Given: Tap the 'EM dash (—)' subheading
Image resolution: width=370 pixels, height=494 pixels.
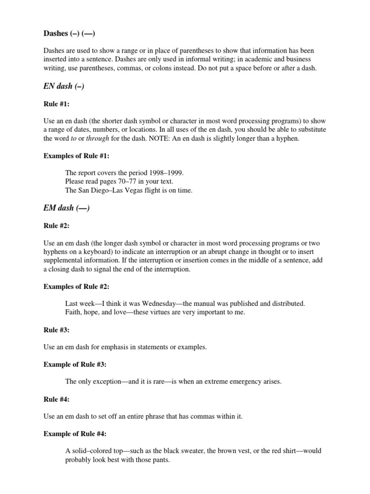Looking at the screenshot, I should point(66,208).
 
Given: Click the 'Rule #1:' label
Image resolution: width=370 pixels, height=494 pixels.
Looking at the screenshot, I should point(56,103).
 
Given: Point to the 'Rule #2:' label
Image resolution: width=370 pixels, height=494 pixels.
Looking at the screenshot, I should point(56,225).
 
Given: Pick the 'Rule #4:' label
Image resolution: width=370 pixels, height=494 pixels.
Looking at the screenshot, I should point(56,399).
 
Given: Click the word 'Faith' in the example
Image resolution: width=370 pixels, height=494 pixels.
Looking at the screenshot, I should point(73,312).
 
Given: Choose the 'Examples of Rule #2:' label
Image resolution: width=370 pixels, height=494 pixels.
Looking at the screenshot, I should point(77,286).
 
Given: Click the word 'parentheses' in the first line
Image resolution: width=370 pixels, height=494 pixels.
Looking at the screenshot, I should point(184,50).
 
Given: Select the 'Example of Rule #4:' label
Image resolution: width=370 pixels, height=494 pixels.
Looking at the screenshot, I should point(75,434).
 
